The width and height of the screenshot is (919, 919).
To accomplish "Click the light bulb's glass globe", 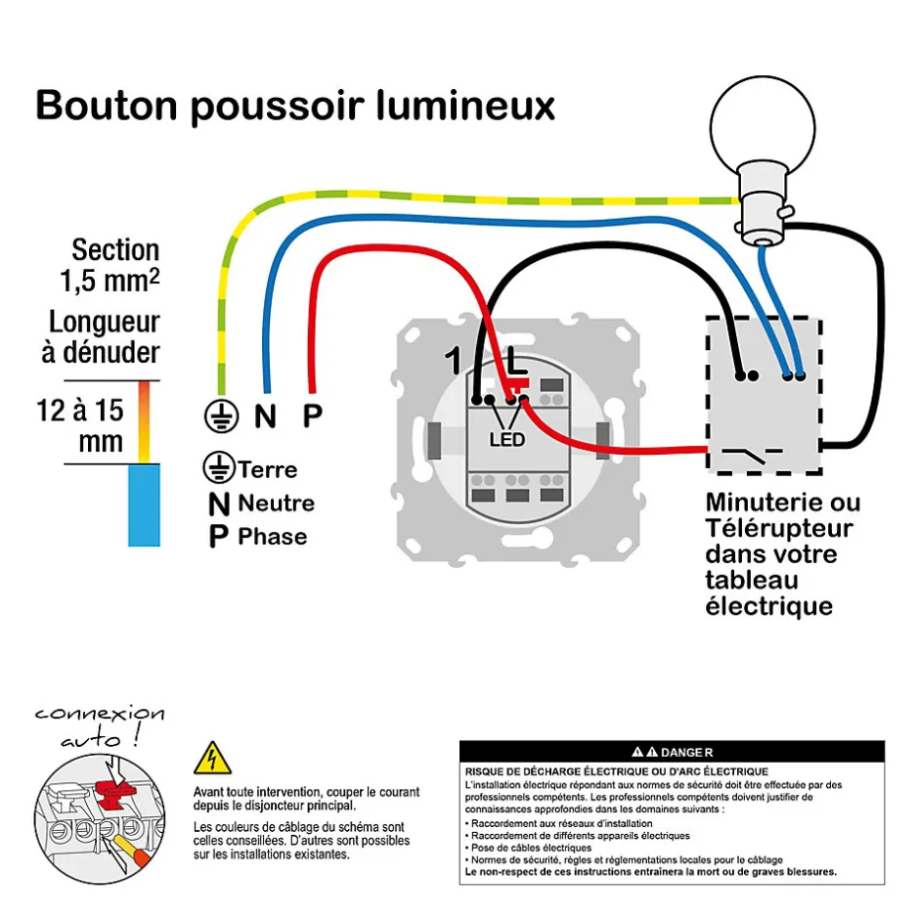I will [761, 121].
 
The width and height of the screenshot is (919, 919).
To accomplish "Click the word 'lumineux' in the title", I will [465, 106].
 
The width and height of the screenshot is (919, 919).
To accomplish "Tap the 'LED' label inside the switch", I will [507, 439].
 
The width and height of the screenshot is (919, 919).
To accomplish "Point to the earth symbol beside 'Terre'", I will [219, 469].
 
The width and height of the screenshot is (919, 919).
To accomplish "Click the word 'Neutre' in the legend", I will [276, 503].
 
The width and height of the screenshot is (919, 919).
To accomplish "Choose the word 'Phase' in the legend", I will [272, 537].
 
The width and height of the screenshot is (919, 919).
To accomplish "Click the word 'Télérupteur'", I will [778, 529].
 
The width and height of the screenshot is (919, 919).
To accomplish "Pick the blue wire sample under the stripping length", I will [145, 504].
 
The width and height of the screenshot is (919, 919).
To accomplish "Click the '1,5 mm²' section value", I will [109, 284].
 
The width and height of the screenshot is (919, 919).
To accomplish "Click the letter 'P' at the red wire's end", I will [312, 416].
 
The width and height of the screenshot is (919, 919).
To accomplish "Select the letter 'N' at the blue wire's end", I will [265, 416].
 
